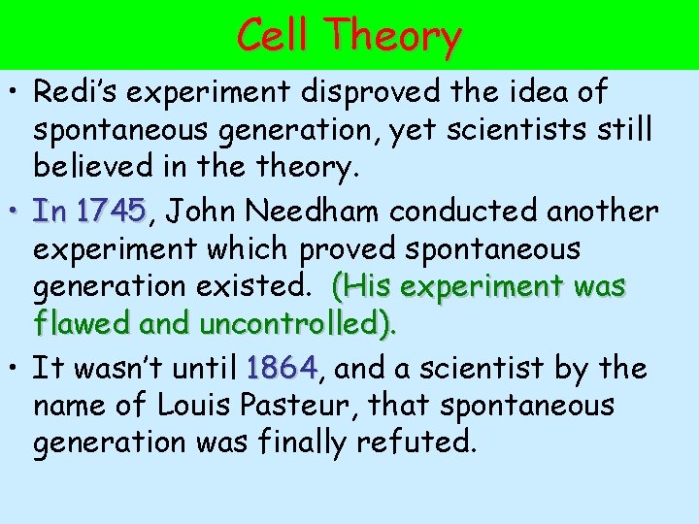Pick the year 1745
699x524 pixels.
click(111, 210)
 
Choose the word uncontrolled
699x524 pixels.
click(294, 325)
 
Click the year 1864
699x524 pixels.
click(282, 368)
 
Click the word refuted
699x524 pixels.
click(416, 442)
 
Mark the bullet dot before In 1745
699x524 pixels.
click(17, 212)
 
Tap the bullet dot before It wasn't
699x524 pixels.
click(17, 370)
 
